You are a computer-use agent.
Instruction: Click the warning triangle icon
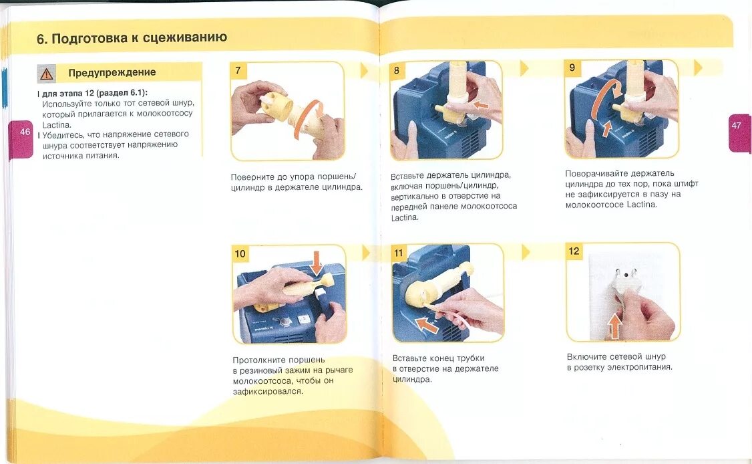click(47, 74)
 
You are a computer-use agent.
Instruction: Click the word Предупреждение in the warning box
click(112, 72)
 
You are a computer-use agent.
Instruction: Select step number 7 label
click(238, 71)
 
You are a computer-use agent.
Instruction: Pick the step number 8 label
click(397, 71)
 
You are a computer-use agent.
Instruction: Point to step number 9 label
click(572, 68)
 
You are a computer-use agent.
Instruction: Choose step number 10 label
click(240, 253)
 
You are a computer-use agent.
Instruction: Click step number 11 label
click(399, 253)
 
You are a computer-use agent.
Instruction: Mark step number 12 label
click(574, 251)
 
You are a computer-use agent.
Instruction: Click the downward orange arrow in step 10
click(316, 263)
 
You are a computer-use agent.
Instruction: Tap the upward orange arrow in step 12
click(615, 325)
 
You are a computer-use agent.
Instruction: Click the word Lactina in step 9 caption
click(641, 205)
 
